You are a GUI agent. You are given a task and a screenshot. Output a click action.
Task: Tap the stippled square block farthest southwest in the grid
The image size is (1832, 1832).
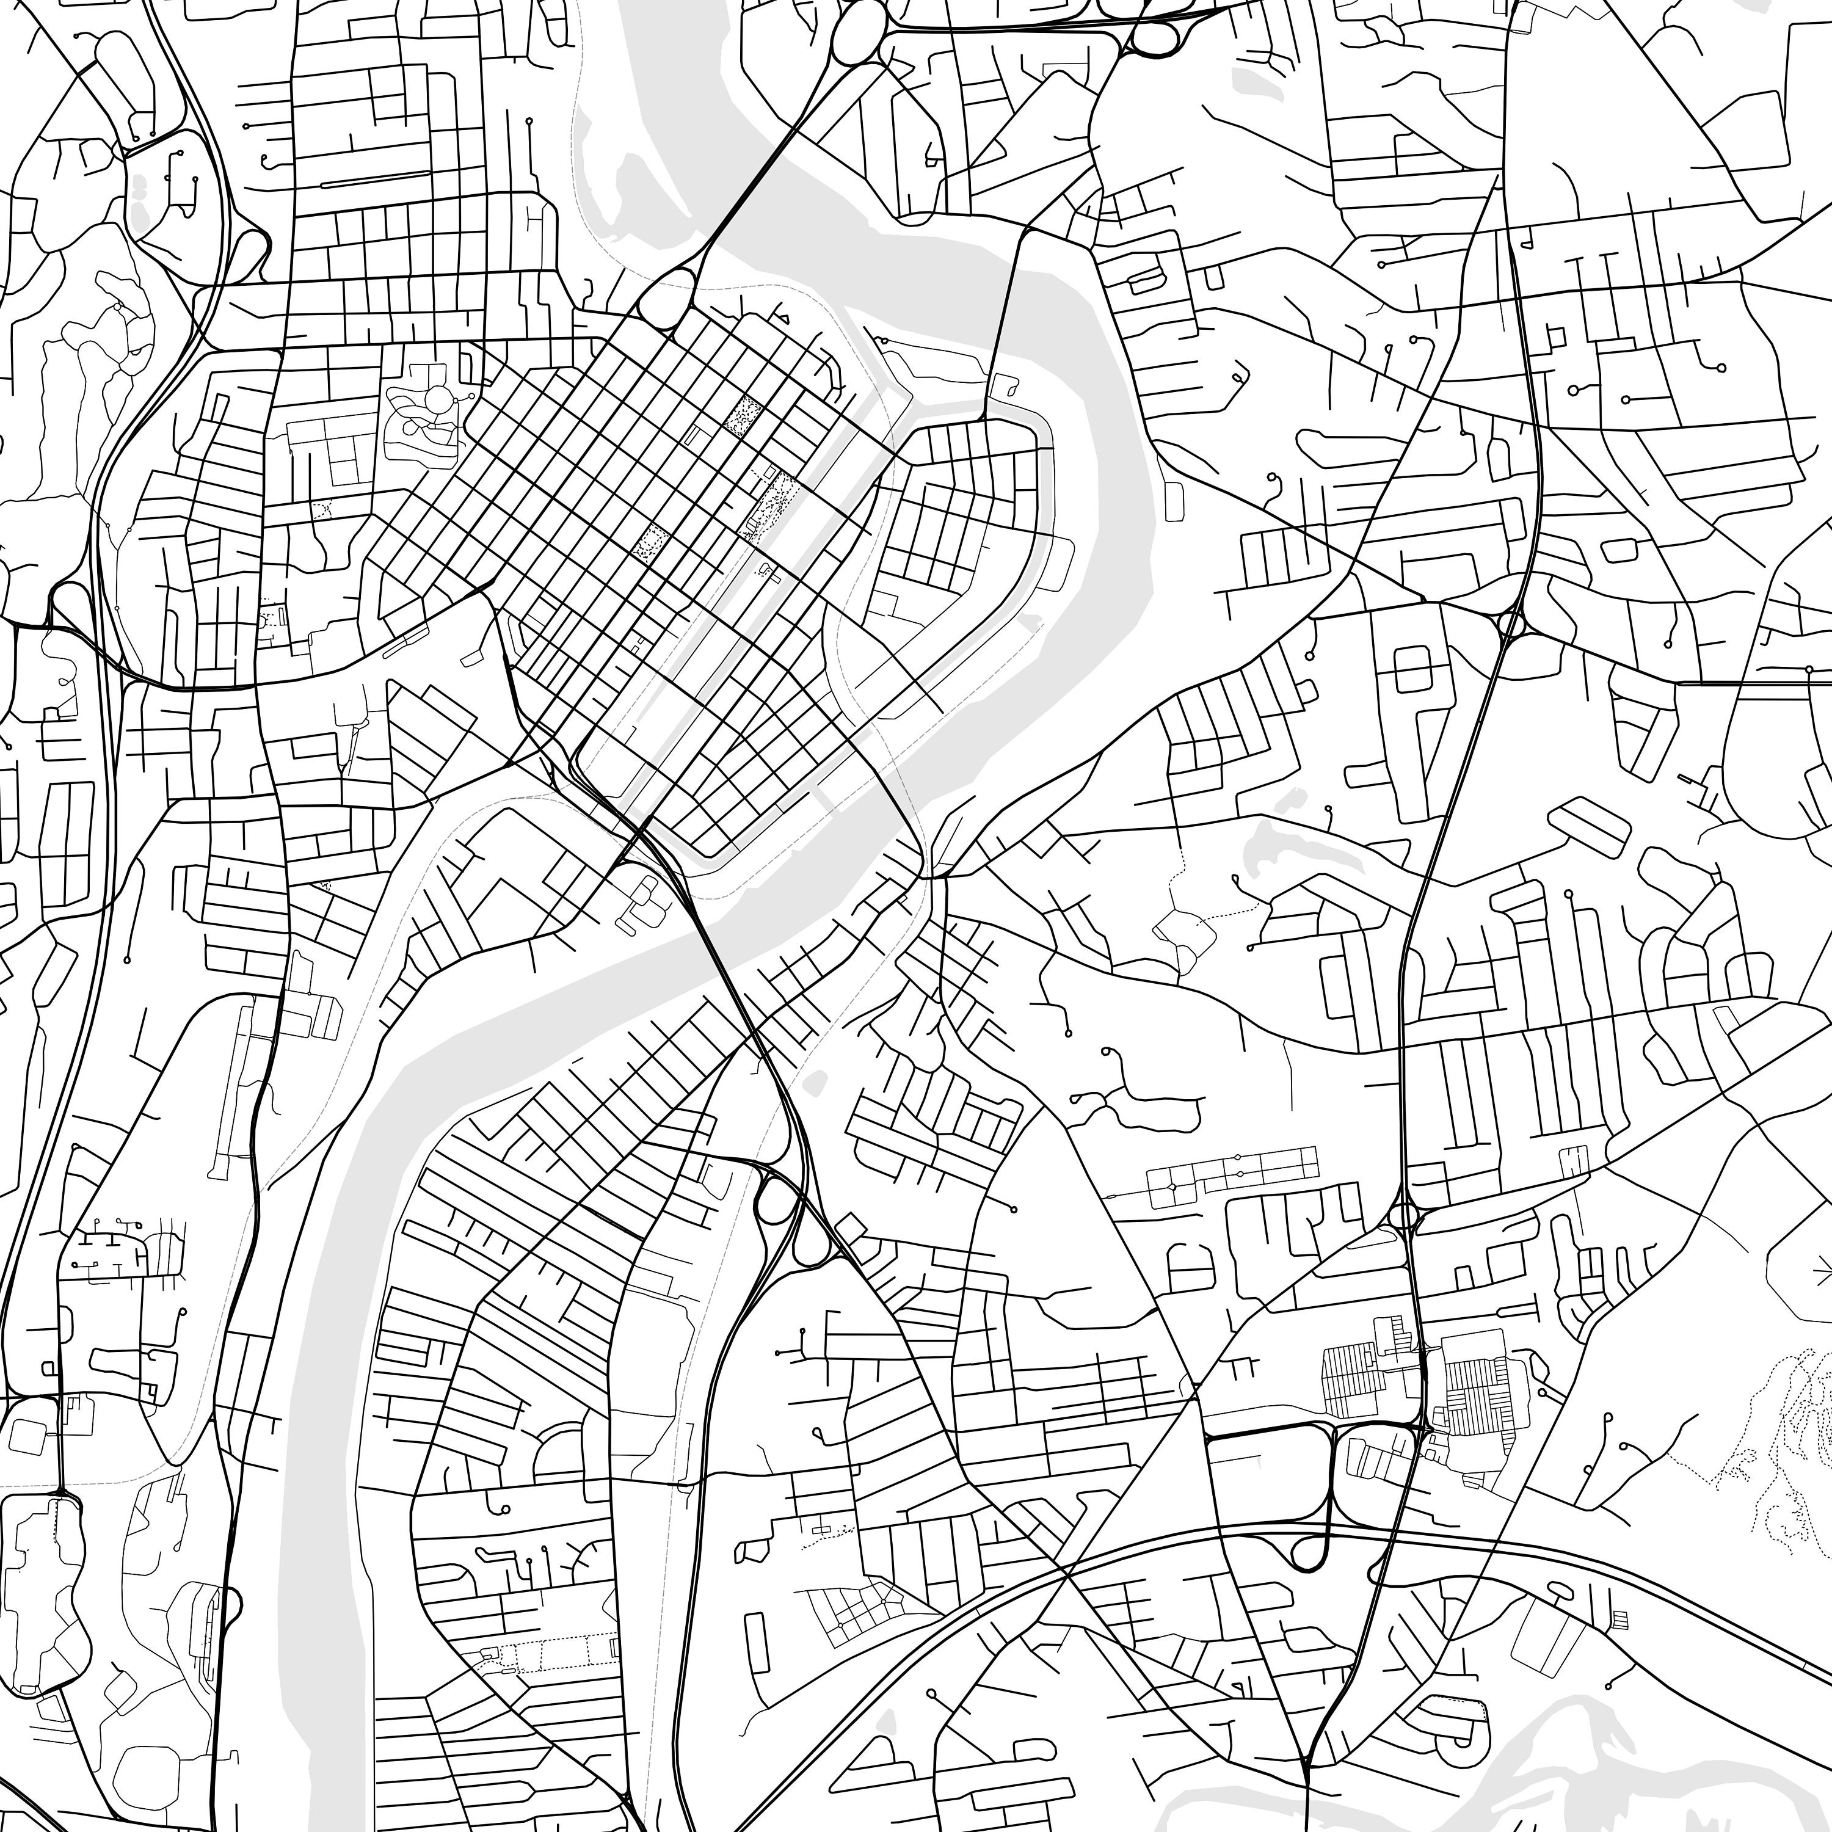click(x=650, y=542)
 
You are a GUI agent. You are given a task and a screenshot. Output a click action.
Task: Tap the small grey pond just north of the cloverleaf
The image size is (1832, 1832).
click(x=813, y=1081)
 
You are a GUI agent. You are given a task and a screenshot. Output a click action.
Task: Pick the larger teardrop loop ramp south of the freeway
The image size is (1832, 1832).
click(x=1309, y=1553)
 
